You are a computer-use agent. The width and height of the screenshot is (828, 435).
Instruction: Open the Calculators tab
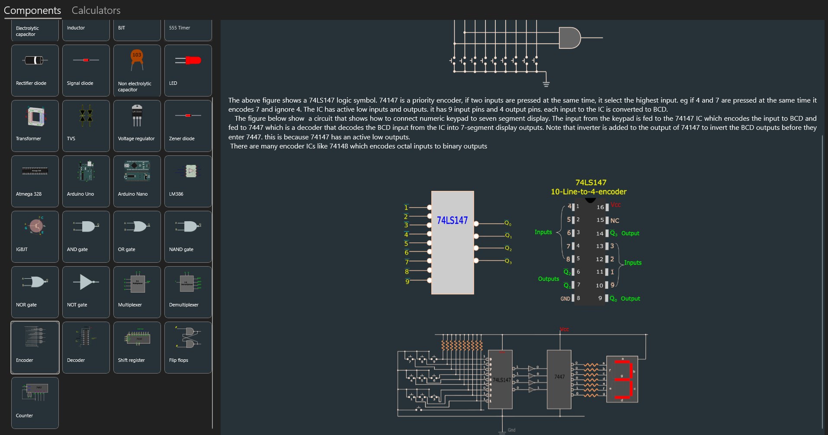click(96, 10)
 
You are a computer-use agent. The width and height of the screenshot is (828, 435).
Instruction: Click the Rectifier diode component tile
click(35, 70)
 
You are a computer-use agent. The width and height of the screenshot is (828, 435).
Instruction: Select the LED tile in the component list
click(188, 70)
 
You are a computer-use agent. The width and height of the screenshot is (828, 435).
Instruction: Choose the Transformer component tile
click(35, 126)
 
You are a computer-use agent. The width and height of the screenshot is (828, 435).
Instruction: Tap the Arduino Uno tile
click(86, 181)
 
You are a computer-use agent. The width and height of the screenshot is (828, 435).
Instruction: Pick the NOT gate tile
click(86, 292)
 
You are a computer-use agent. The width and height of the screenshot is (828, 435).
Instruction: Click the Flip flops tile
click(188, 347)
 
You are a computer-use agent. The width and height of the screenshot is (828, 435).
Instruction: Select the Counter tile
click(35, 403)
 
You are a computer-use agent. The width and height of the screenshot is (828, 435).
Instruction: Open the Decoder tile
click(86, 347)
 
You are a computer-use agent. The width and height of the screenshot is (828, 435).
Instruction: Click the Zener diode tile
click(188, 126)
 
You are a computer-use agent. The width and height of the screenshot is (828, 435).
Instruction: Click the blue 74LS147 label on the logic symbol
click(452, 220)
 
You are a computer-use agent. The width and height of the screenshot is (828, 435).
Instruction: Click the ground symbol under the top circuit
click(546, 84)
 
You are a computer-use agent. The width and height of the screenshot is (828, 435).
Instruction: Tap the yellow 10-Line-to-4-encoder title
click(588, 192)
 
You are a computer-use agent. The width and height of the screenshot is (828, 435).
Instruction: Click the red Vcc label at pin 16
click(616, 205)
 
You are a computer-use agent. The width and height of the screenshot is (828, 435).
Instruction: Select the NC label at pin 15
click(615, 221)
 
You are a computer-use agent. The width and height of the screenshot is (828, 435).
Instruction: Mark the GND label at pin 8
click(565, 299)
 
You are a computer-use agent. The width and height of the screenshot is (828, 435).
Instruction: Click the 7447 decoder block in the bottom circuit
click(559, 379)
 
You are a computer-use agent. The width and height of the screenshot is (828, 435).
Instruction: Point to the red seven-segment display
click(622, 379)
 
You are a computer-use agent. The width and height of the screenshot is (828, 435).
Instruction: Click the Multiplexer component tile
click(137, 292)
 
